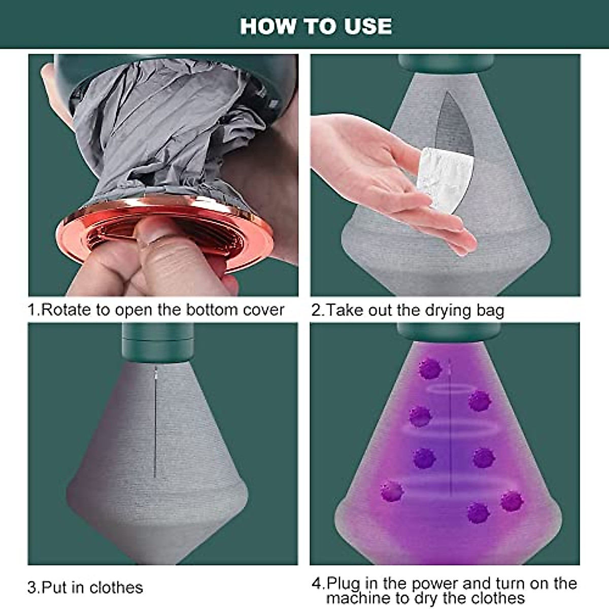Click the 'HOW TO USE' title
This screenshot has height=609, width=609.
coord(316,26)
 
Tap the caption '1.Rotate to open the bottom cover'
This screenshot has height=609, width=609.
coord(156,310)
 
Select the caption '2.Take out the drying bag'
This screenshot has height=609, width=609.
coord(408,310)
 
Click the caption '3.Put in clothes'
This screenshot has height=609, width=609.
coord(85,587)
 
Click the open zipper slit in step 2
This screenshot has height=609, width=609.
coord(454,127)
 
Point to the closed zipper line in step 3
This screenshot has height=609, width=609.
coord(155,421)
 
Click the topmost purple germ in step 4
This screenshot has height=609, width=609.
coord(430,369)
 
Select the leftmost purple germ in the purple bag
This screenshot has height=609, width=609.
coord(391,491)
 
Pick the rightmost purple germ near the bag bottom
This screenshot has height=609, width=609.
coord(511,501)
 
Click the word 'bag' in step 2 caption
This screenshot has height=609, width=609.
coord(490,310)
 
